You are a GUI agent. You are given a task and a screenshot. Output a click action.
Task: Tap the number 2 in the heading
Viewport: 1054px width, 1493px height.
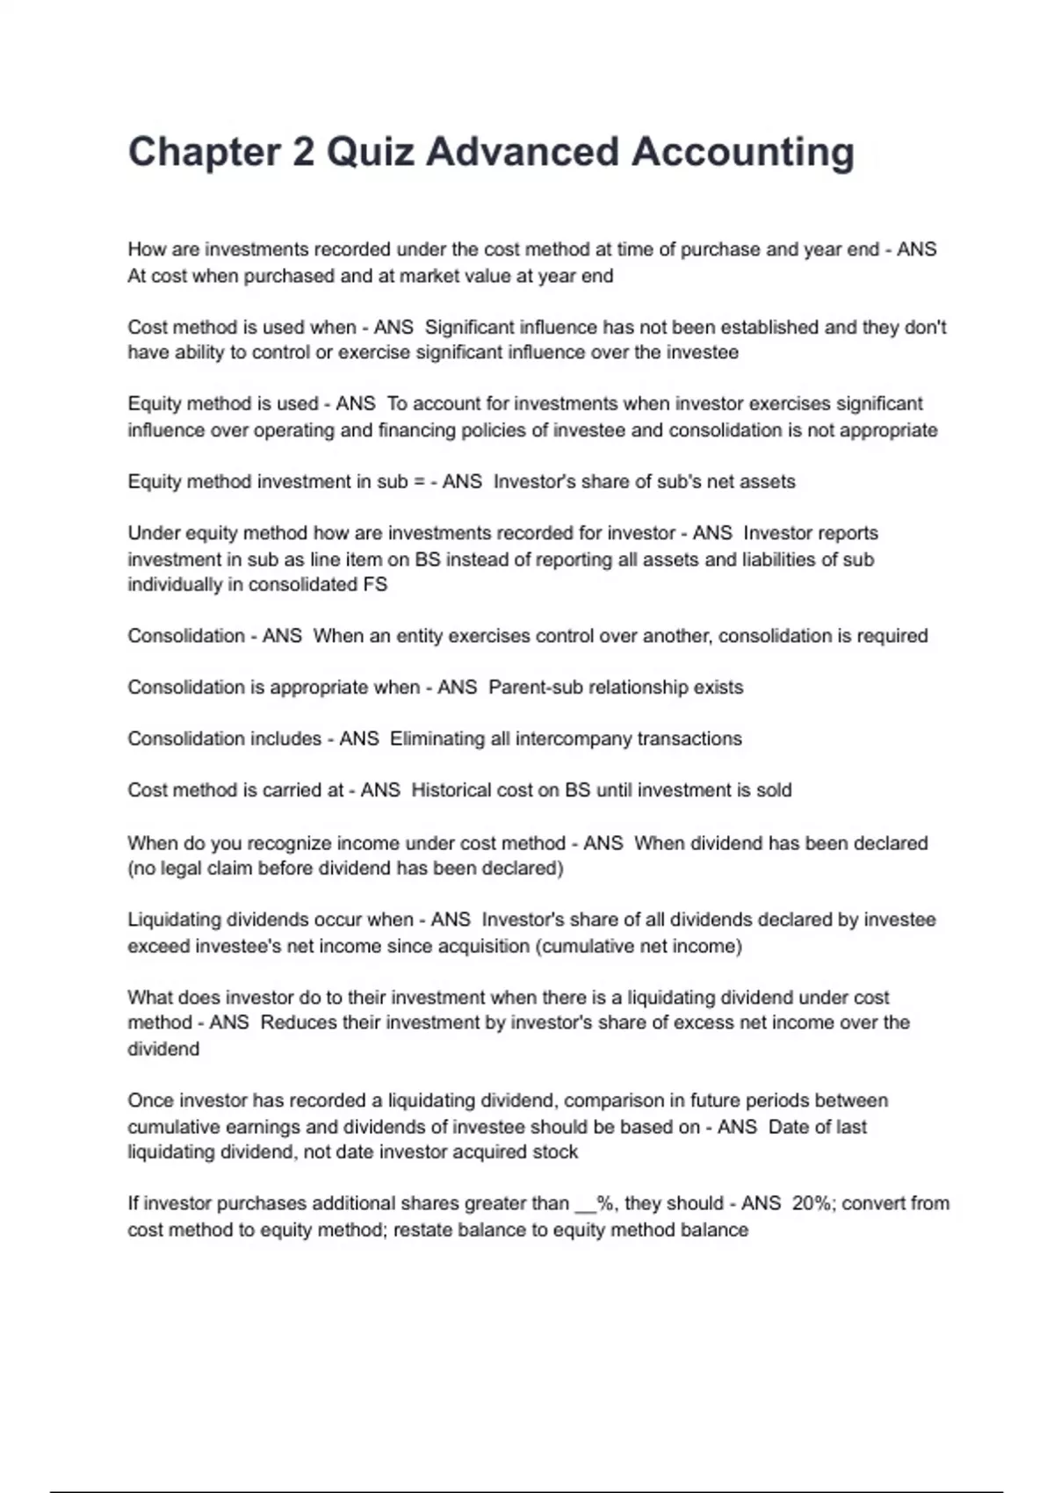[x=303, y=152]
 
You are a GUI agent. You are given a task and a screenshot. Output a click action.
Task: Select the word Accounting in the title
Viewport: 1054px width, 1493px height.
[x=743, y=152]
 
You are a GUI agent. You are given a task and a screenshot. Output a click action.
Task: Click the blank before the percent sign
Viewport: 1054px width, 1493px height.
[x=585, y=1204]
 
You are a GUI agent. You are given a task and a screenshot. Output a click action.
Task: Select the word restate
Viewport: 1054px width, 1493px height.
[x=423, y=1230]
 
